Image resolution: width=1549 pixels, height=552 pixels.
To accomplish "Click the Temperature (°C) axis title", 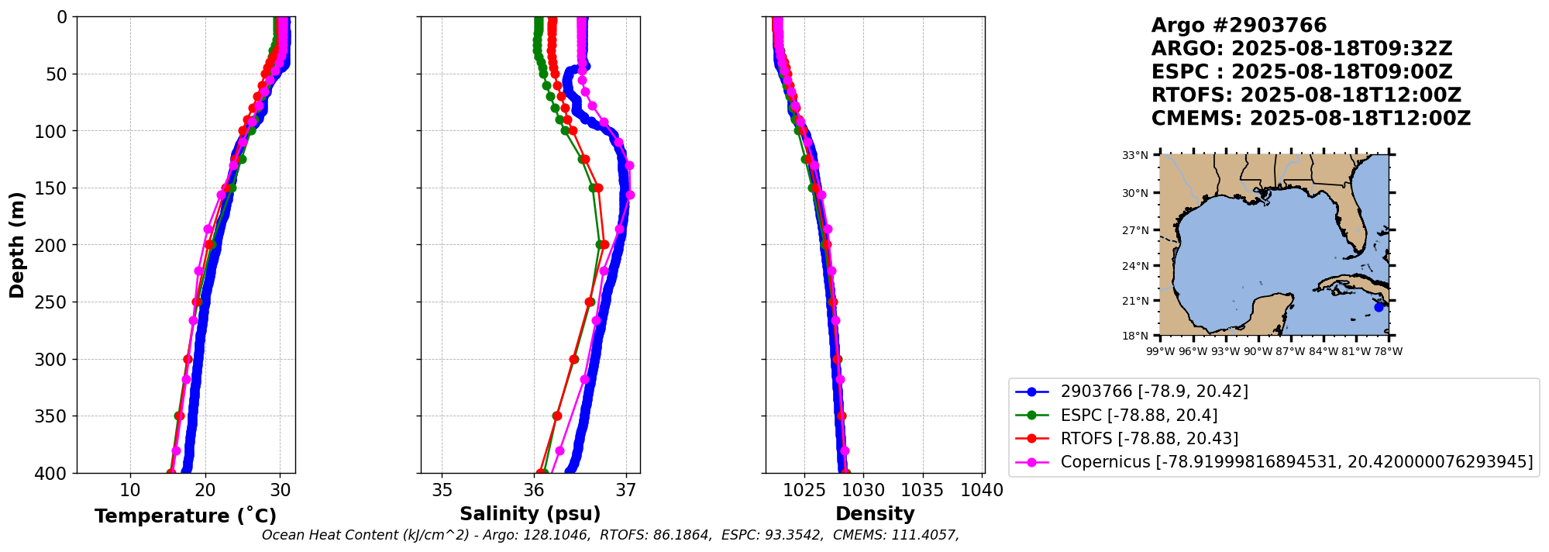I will click(x=185, y=516).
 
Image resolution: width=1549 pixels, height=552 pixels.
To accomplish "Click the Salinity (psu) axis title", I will click(x=530, y=514).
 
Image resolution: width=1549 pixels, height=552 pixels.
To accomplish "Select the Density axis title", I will click(x=875, y=514).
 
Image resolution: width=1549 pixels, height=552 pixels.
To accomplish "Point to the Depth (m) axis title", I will click(x=17, y=244).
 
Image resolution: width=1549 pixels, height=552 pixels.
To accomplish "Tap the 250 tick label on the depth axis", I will click(x=53, y=302).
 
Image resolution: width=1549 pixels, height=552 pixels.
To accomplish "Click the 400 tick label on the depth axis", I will click(x=53, y=473).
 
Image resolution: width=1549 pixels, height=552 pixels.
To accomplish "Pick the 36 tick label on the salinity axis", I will click(x=534, y=491).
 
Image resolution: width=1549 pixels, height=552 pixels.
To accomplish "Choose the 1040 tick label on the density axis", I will click(x=982, y=491).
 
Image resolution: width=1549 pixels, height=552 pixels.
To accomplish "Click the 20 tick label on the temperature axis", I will click(x=205, y=491).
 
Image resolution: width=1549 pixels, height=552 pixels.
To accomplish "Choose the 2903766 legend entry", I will click(x=1154, y=392).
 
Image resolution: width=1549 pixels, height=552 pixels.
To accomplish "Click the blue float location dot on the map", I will click(x=1379, y=307).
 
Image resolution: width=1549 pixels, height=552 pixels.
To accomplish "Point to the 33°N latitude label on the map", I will click(x=1135, y=155).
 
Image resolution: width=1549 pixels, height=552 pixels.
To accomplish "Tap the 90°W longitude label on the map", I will click(x=1258, y=351).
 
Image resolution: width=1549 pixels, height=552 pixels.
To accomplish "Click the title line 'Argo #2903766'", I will click(x=1238, y=26).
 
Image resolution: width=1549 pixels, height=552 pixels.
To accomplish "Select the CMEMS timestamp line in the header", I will click(x=1310, y=119).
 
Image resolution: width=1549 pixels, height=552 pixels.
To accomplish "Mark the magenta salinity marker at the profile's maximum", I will click(x=630, y=195).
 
